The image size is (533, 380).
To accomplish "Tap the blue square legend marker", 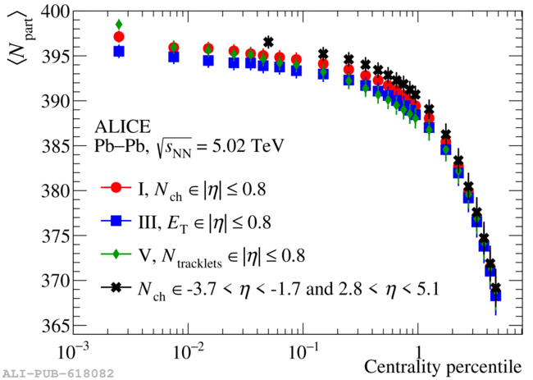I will (x=116, y=221).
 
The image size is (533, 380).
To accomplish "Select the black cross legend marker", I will (x=116, y=288).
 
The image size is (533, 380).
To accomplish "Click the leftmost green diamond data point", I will (x=119, y=25).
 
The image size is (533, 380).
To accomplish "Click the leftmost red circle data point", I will (x=119, y=37).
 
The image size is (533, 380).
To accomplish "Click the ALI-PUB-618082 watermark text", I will (x=57, y=373).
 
